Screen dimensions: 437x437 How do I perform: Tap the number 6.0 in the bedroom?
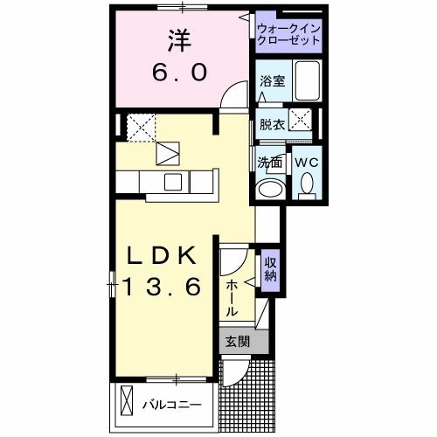click(x=182, y=73)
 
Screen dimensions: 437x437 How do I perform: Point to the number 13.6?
click(x=163, y=285)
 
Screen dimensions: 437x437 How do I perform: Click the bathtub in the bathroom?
click(x=306, y=80)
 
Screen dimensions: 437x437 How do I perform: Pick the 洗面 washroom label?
click(x=269, y=163)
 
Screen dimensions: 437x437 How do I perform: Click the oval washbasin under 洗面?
click(x=270, y=190)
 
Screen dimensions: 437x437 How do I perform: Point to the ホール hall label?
click(x=232, y=298)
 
